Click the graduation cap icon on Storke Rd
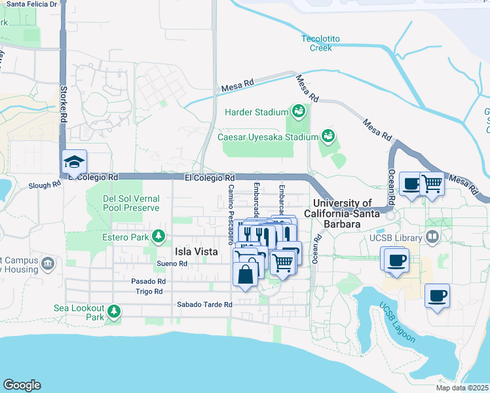[x=74, y=162]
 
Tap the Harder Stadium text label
[x=257, y=112]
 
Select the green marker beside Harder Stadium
[x=299, y=111]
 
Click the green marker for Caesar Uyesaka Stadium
[x=328, y=137]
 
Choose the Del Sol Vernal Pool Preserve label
[x=132, y=203]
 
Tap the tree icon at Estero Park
[x=158, y=235]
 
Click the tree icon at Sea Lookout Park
[x=115, y=310]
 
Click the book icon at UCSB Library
[x=432, y=236]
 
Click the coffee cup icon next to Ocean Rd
[x=411, y=185]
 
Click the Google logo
[x=22, y=385]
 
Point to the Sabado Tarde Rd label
[x=204, y=305]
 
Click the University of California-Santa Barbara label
[x=342, y=214]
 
